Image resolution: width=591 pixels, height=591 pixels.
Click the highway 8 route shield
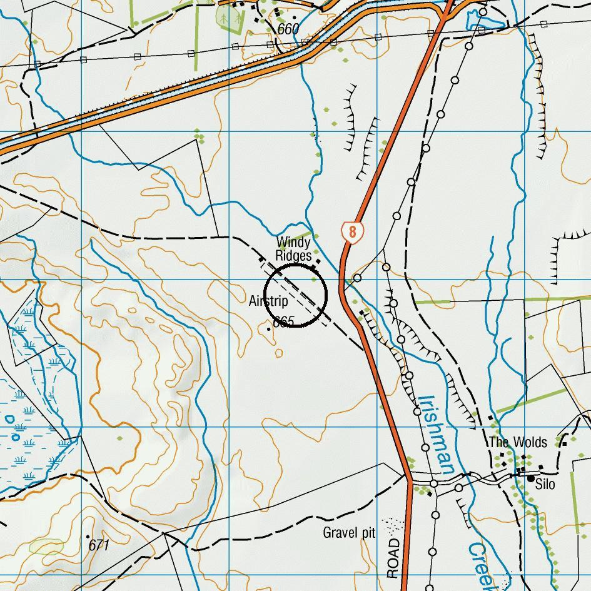[x=353, y=233]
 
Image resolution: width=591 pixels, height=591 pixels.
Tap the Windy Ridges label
[x=293, y=249]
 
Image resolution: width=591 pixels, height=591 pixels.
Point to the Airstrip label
[x=268, y=301]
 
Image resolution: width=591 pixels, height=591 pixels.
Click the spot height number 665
[x=284, y=322]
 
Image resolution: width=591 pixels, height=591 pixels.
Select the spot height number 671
[x=99, y=545]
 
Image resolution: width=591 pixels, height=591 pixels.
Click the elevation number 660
[x=288, y=29]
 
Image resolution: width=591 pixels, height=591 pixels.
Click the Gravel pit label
[x=349, y=533]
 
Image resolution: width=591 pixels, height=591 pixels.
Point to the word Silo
[x=545, y=484]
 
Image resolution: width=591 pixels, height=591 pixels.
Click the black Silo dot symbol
[x=531, y=479]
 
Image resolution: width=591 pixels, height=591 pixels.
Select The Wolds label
[x=518, y=442]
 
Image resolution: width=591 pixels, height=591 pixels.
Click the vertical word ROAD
[x=393, y=558]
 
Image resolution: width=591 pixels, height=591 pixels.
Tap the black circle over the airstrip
[x=296, y=295]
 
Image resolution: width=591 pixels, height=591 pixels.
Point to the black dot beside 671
[x=88, y=536]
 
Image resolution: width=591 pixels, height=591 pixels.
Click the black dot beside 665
[x=269, y=328]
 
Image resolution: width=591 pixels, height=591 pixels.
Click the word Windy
[x=293, y=242]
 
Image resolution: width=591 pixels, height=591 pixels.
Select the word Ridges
[x=293, y=256]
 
